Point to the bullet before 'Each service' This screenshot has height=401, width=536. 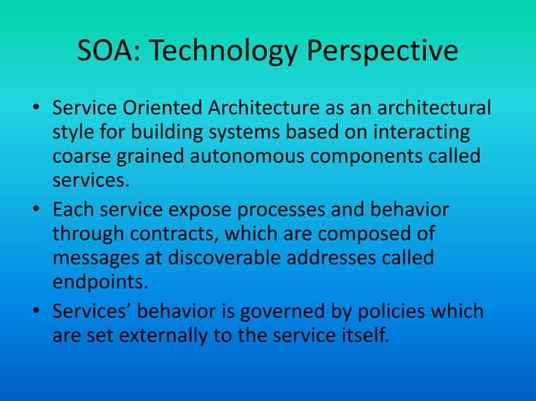[36, 211]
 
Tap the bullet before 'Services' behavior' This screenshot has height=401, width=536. [36, 312]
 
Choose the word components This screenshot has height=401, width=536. [373, 157]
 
